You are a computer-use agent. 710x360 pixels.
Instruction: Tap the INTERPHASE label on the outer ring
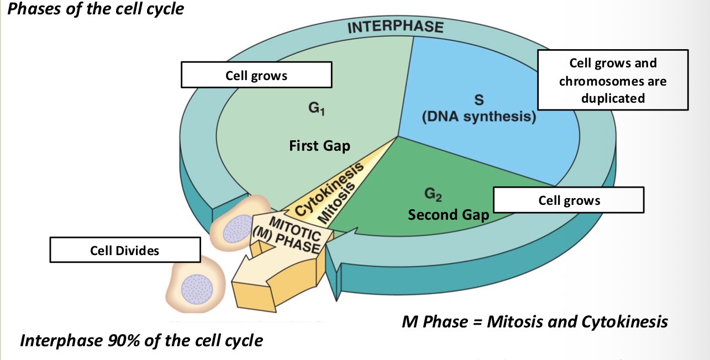click(x=395, y=27)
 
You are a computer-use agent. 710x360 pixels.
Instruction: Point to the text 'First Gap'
click(x=319, y=146)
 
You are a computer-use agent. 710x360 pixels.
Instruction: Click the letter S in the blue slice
click(x=478, y=100)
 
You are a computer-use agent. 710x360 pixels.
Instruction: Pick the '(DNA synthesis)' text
click(x=478, y=117)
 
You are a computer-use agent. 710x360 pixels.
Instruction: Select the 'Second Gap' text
click(x=448, y=214)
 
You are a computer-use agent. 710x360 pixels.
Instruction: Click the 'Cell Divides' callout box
click(x=125, y=250)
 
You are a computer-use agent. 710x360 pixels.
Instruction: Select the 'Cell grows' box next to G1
click(x=256, y=75)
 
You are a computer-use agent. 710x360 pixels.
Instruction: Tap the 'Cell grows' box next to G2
click(x=569, y=200)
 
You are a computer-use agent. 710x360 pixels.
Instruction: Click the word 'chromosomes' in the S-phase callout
click(x=613, y=81)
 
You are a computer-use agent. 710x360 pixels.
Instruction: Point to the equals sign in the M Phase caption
click(x=477, y=321)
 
